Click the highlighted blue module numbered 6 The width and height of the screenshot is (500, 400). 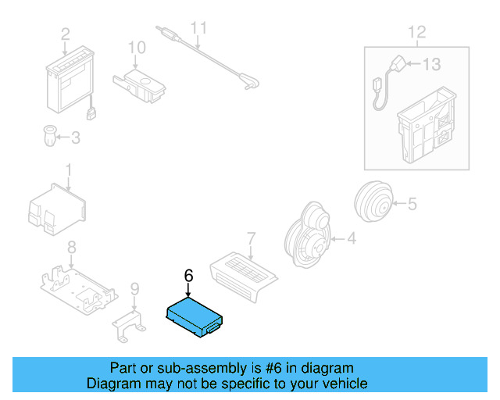point(195,316)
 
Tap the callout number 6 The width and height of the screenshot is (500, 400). point(187,276)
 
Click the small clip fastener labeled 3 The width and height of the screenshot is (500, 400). point(48,137)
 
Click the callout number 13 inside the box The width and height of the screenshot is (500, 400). point(432,64)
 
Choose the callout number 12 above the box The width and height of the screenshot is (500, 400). point(417,33)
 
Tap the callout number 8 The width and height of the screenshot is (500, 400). point(71,248)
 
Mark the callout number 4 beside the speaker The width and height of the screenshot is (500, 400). point(351,238)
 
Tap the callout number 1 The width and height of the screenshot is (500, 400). point(68,170)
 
